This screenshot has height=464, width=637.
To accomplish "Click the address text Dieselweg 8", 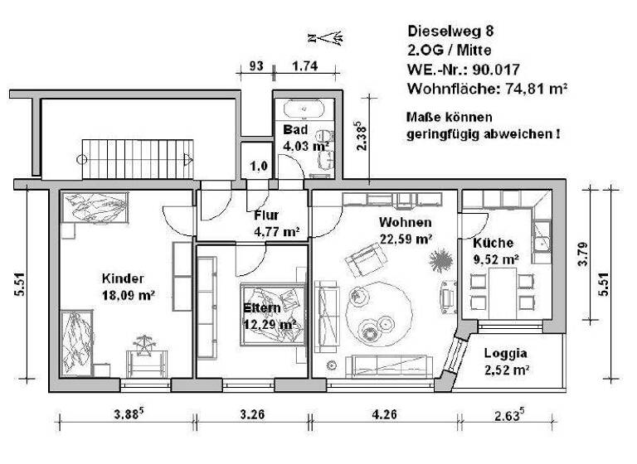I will coord(451,32).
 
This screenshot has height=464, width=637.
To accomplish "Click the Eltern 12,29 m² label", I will coord(270,316).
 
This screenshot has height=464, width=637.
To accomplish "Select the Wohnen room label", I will coord(405,231).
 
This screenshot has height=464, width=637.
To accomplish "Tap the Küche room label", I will coord(496,251).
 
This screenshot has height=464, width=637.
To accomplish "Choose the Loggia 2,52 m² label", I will coord(506,361).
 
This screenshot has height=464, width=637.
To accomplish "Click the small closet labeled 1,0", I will coord(258,164).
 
